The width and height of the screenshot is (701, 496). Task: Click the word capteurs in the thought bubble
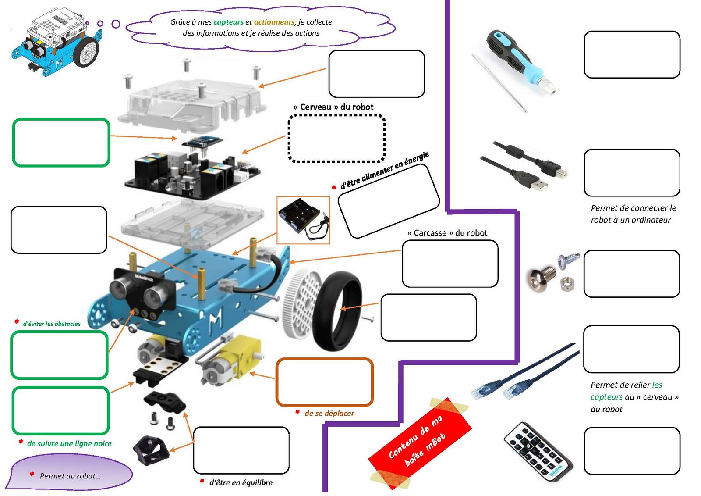(228, 22)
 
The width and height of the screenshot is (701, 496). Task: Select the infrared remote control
(537, 451)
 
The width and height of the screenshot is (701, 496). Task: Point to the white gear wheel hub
(302, 303)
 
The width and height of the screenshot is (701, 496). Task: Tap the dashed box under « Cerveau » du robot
(336, 139)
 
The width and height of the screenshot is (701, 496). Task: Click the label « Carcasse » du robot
(447, 233)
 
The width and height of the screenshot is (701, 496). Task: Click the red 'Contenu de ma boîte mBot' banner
(419, 443)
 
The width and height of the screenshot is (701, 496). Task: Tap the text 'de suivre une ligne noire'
(69, 443)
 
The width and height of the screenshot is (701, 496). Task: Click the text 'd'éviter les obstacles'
(52, 324)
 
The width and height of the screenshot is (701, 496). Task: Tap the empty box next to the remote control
(632, 451)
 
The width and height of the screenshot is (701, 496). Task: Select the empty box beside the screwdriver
(632, 54)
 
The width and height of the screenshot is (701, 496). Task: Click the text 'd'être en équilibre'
(241, 482)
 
